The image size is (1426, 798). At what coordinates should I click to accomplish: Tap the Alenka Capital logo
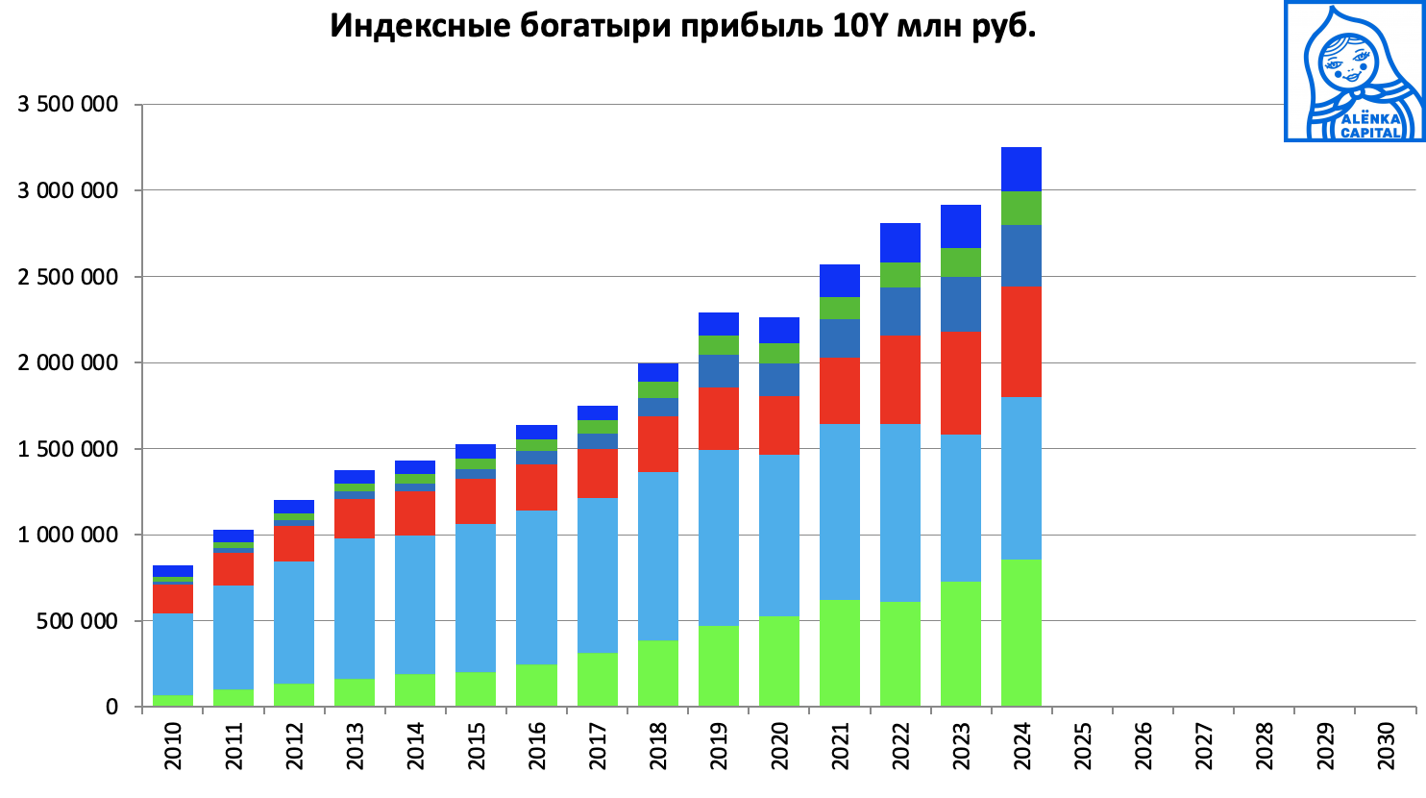(x=1355, y=71)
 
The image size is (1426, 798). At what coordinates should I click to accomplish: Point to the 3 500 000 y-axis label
(x=68, y=104)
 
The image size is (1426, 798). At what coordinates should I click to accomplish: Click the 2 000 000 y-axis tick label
(x=68, y=362)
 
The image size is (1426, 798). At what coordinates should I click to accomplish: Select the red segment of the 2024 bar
(x=1021, y=341)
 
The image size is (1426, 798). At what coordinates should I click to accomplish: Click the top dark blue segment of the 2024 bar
(x=1021, y=169)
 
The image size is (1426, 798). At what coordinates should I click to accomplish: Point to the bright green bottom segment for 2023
(x=961, y=644)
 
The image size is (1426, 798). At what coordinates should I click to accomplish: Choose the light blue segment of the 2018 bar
(x=658, y=556)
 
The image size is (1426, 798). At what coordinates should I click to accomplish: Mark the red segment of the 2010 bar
(x=173, y=598)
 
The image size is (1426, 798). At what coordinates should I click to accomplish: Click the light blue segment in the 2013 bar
(x=355, y=608)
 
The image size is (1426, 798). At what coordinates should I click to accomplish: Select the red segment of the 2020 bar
(x=779, y=425)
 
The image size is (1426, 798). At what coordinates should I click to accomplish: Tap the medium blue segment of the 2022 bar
(x=900, y=312)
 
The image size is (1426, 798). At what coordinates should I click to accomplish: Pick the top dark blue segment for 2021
(x=840, y=281)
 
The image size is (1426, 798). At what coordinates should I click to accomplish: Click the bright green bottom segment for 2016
(x=537, y=686)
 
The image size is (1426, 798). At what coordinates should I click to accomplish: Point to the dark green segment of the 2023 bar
(x=961, y=262)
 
